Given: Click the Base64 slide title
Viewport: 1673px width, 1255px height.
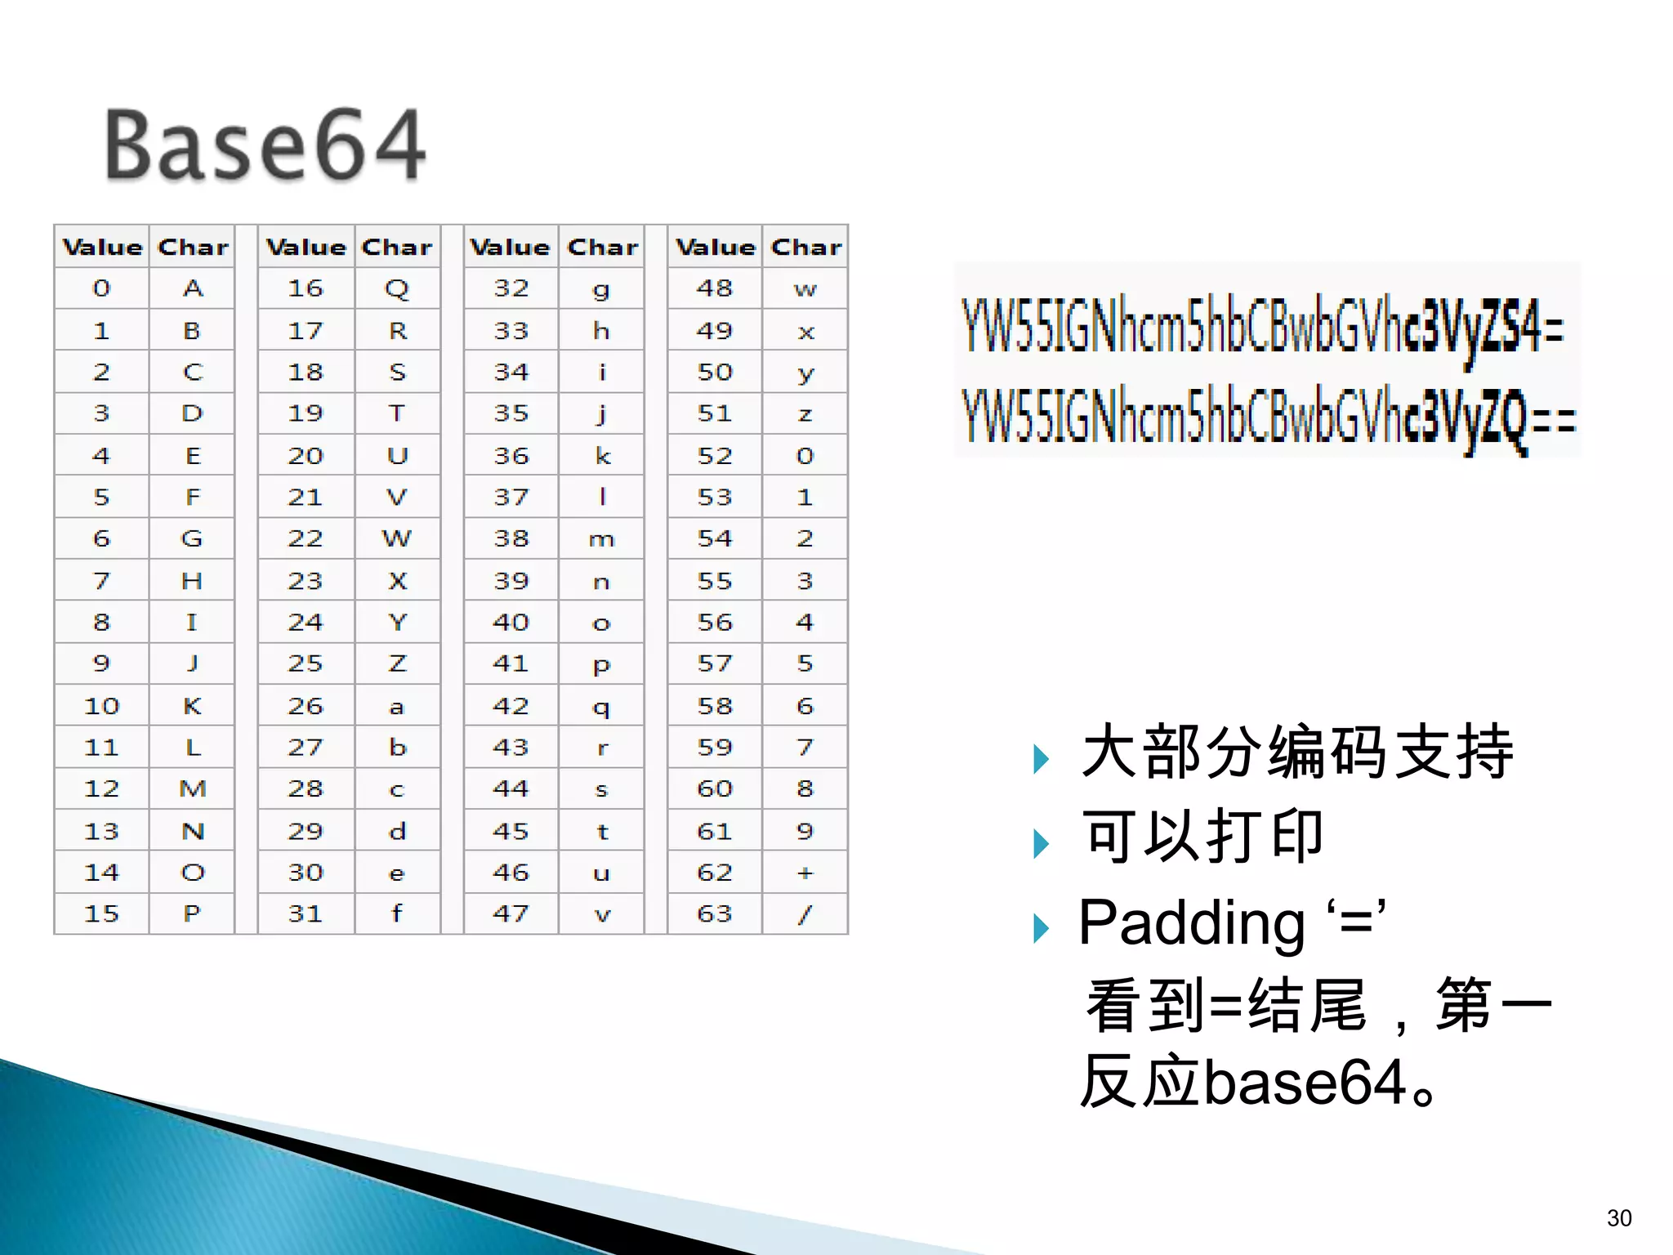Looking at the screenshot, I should (265, 145).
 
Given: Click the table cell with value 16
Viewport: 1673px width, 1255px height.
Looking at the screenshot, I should (306, 288).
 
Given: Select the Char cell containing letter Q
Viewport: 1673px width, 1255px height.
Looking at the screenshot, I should (397, 288).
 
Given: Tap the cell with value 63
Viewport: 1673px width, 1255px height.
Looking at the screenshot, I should (714, 913).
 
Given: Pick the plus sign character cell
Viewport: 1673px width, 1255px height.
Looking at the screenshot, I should (805, 873).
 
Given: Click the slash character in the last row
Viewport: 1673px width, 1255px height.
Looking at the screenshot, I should (805, 913).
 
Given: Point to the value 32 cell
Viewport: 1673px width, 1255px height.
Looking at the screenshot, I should (511, 288).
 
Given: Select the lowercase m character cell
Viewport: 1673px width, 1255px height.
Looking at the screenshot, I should (602, 539).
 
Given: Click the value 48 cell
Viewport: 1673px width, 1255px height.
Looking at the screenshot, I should (714, 288).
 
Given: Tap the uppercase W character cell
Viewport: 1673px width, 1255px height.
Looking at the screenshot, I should (397, 538).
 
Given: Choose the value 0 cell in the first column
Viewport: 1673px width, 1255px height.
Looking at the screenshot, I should (101, 288).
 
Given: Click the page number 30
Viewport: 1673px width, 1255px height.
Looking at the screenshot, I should (1618, 1218).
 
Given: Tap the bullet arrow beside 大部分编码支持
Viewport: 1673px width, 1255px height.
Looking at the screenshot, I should (1041, 759).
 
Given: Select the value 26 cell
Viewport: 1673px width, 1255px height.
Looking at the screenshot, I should (306, 706).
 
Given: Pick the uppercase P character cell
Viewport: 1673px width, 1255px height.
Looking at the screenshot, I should (192, 913).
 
